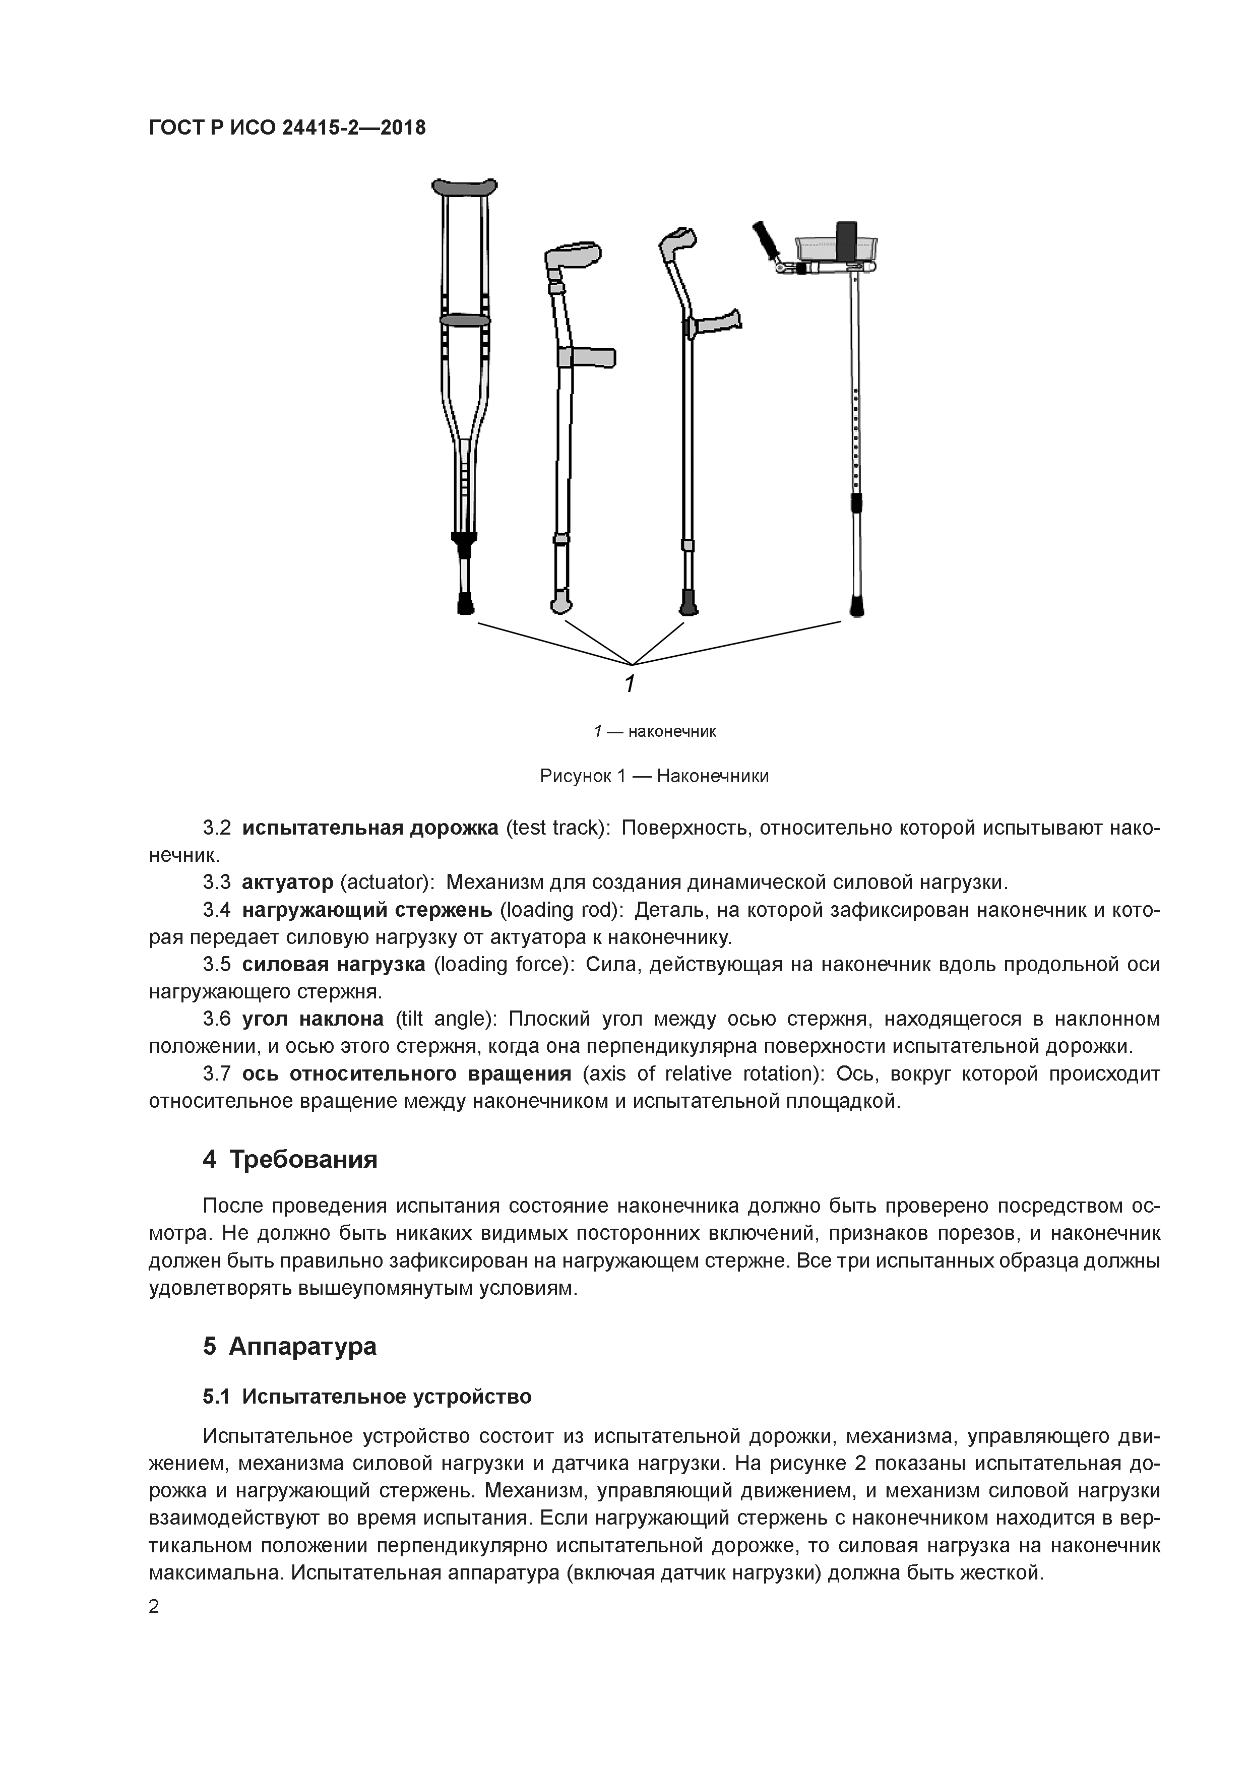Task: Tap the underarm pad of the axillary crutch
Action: coord(464,187)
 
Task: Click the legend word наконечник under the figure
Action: coord(671,731)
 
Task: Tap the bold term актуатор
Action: coord(287,881)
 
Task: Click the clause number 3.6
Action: coord(216,1019)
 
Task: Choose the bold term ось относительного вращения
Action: coord(407,1074)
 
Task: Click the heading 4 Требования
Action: coord(290,1159)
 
